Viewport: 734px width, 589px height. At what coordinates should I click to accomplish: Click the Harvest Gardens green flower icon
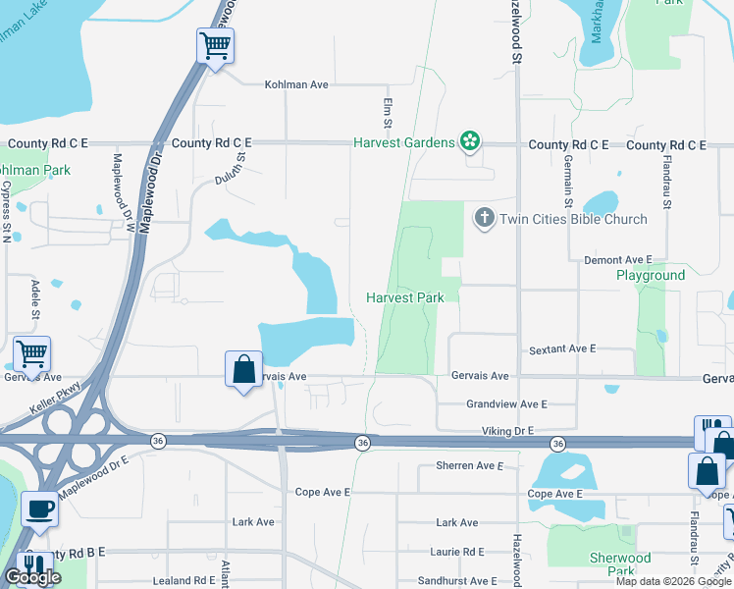(x=470, y=142)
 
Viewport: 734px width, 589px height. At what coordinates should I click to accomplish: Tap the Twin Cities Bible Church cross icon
(x=484, y=219)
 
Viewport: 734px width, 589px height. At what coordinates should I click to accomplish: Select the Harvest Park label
(x=405, y=297)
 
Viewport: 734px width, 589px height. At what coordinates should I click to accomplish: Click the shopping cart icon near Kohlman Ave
(x=215, y=44)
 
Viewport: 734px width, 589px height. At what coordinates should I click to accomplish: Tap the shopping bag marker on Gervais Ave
(x=243, y=370)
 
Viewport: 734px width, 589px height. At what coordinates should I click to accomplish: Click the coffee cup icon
(x=39, y=509)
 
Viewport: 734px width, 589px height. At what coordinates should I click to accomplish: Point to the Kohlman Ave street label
(x=296, y=84)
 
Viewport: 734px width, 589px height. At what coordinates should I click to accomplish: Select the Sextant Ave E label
(x=562, y=348)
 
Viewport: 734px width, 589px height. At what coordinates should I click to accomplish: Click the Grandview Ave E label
(x=506, y=403)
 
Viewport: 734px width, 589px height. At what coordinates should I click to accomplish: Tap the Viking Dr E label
(x=507, y=431)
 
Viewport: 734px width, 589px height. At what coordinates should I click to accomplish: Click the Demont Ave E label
(x=618, y=259)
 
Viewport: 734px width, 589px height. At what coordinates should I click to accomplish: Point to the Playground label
(x=651, y=275)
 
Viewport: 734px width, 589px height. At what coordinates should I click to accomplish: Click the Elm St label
(x=387, y=109)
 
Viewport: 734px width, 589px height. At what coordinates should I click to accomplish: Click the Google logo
(x=32, y=577)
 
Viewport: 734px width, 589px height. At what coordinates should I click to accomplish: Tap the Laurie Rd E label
(x=456, y=552)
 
